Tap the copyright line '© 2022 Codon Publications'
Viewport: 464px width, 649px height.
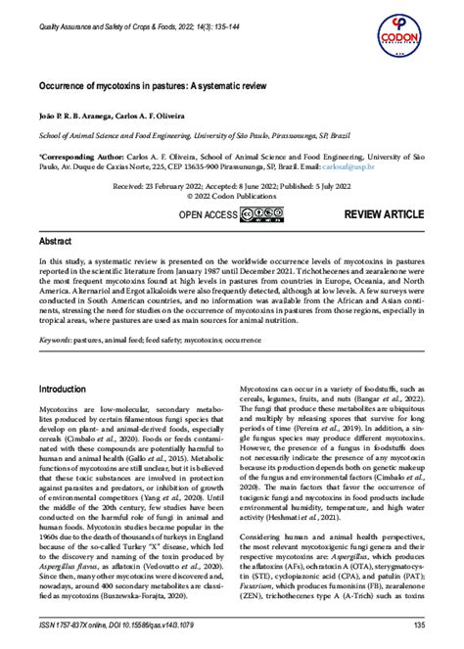click(x=233, y=194)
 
